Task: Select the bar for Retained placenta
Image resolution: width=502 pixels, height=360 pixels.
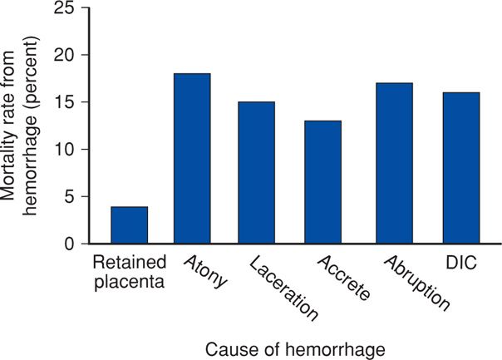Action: click(130, 225)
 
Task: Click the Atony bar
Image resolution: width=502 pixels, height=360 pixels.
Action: click(191, 159)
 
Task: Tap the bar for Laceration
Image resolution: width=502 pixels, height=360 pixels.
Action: click(256, 173)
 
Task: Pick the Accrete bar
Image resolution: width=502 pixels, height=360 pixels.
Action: click(322, 182)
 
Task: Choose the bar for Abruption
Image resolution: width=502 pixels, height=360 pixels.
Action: click(388, 164)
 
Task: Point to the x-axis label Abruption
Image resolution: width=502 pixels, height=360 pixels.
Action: click(416, 284)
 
